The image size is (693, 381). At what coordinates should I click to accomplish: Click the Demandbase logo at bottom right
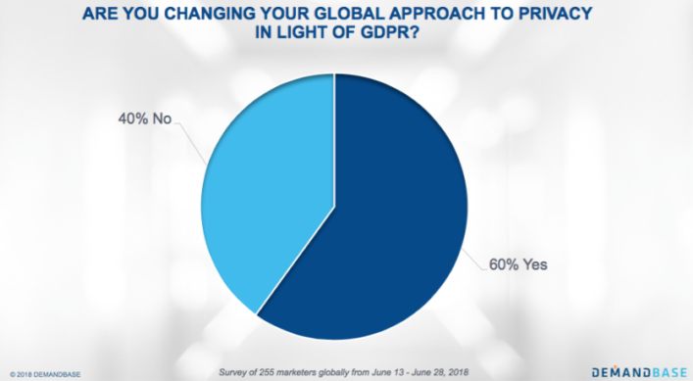click(636, 371)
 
